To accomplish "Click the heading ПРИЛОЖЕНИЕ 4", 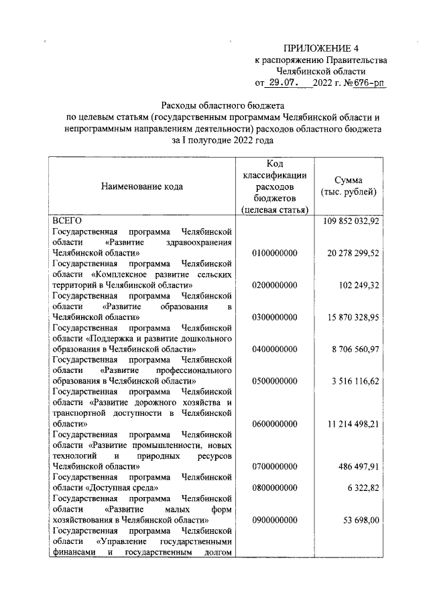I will point(321,48).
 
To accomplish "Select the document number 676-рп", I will point(366,83).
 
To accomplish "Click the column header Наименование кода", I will point(141,186).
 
